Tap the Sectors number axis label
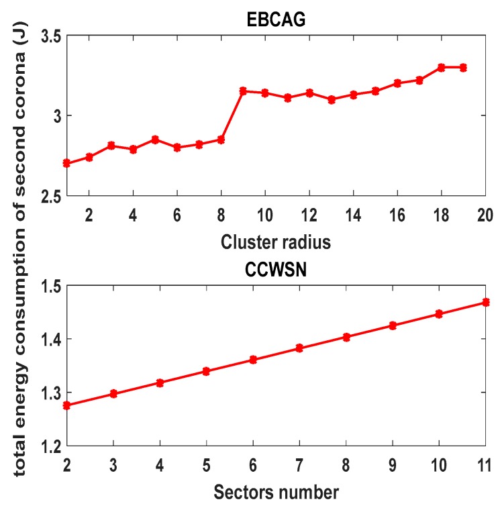[x=276, y=491]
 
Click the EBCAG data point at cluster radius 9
[x=243, y=91]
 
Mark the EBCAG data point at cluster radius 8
[x=221, y=140]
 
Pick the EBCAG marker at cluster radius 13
[x=331, y=99]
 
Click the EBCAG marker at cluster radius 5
[x=155, y=140]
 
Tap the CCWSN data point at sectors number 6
[x=253, y=360]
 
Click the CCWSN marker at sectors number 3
[x=113, y=393]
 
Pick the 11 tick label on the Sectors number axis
[x=484, y=464]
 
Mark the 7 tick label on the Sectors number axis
[x=299, y=464]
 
